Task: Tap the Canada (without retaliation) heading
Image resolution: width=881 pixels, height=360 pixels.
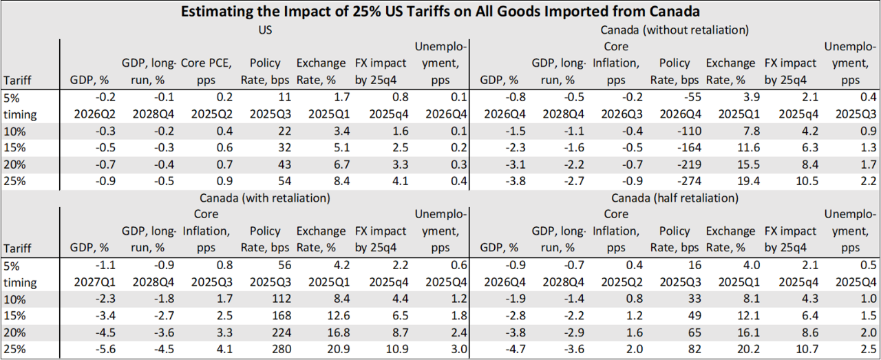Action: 675,30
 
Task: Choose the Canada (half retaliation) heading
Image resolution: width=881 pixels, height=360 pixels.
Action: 675,198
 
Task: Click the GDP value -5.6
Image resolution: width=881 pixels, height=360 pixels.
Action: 98,349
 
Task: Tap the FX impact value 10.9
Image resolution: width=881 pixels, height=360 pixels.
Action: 389,349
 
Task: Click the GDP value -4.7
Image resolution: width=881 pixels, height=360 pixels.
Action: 508,349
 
